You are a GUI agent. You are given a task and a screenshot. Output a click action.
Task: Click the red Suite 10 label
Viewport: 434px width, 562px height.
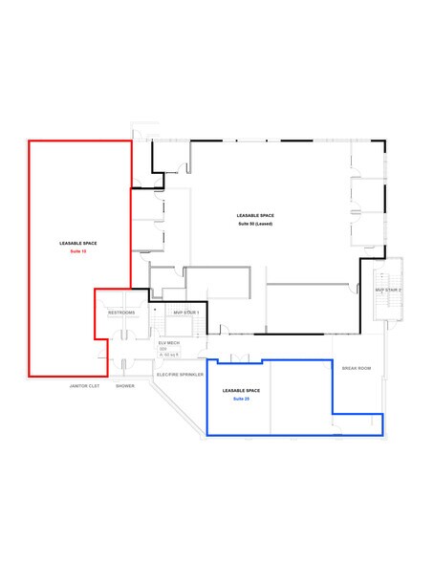coord(76,251)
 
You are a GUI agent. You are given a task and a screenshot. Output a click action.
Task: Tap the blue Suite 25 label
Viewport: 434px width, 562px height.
coord(240,399)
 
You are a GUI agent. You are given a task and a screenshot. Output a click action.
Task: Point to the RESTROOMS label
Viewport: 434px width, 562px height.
coord(121,313)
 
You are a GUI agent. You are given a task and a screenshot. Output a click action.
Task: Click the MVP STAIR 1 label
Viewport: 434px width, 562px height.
coord(185,313)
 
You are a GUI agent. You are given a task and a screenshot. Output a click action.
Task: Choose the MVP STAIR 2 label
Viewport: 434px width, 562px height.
coord(387,288)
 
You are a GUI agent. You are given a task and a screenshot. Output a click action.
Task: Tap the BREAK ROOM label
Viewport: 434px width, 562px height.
coord(357,368)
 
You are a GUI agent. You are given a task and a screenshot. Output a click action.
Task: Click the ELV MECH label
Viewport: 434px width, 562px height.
coord(169,342)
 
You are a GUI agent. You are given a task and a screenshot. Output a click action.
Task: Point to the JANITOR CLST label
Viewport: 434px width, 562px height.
coord(86,386)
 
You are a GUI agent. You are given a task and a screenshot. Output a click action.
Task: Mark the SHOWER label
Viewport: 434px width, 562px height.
coord(125,386)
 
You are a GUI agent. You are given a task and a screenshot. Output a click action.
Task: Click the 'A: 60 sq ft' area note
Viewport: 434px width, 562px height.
coord(170,355)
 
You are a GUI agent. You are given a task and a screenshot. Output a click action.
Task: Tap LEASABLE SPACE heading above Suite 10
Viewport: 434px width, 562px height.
coord(76,244)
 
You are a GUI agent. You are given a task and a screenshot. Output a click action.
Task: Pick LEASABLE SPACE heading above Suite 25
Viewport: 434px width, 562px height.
coord(240,391)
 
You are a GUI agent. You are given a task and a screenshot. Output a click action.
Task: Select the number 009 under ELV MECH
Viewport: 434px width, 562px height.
coord(163,349)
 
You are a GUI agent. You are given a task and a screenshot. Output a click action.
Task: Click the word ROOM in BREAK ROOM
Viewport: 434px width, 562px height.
coord(364,368)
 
